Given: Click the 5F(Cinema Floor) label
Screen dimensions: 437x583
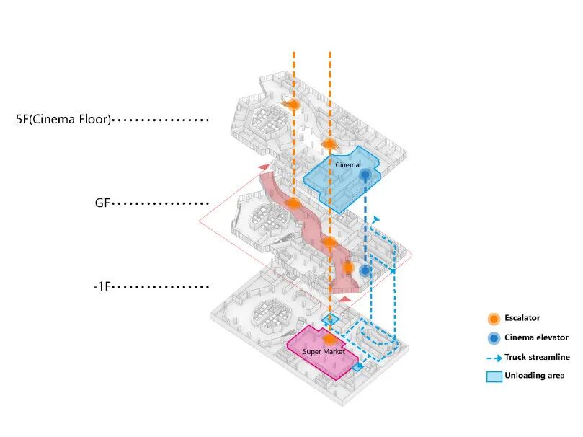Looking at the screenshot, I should pyautogui.click(x=63, y=120).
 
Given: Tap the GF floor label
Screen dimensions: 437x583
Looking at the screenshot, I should pyautogui.click(x=102, y=204).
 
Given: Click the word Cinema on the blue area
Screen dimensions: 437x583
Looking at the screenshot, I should pyautogui.click(x=347, y=165).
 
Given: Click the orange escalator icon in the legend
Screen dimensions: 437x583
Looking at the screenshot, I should pyautogui.click(x=494, y=318).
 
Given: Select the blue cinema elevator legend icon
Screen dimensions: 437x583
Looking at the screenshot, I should pyautogui.click(x=494, y=337).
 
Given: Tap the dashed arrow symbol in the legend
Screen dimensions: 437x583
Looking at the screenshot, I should pyautogui.click(x=494, y=357).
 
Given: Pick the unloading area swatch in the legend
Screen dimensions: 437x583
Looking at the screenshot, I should pyautogui.click(x=494, y=376).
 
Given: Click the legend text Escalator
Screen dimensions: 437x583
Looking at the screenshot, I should pyautogui.click(x=522, y=318).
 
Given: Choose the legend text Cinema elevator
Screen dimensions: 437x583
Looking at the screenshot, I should pyautogui.click(x=533, y=337).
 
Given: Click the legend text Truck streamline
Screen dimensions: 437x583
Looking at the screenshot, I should pyautogui.click(x=537, y=357).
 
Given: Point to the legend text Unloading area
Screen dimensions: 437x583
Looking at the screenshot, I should pyautogui.click(x=534, y=376).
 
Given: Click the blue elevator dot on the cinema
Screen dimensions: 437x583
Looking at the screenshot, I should pyautogui.click(x=365, y=175).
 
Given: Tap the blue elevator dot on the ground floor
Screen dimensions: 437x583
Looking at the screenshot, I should pyautogui.click(x=365, y=270).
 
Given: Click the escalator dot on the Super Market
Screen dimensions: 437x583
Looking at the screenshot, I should pyautogui.click(x=329, y=338).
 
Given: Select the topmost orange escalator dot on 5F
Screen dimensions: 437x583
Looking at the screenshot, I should pyautogui.click(x=293, y=105).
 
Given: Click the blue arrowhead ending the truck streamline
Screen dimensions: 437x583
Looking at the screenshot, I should pyautogui.click(x=375, y=218).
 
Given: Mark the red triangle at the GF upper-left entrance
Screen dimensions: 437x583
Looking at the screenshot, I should pyautogui.click(x=265, y=168).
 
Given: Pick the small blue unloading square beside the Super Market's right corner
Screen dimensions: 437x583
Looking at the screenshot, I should pyautogui.click(x=358, y=367).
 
